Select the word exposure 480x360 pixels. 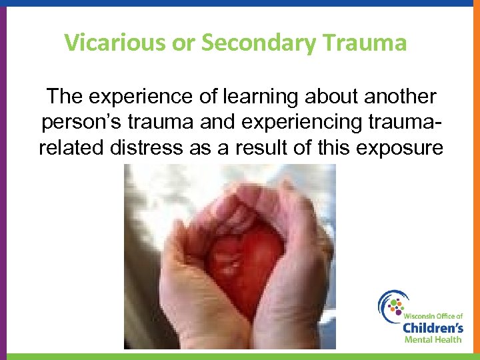tap(399, 147)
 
